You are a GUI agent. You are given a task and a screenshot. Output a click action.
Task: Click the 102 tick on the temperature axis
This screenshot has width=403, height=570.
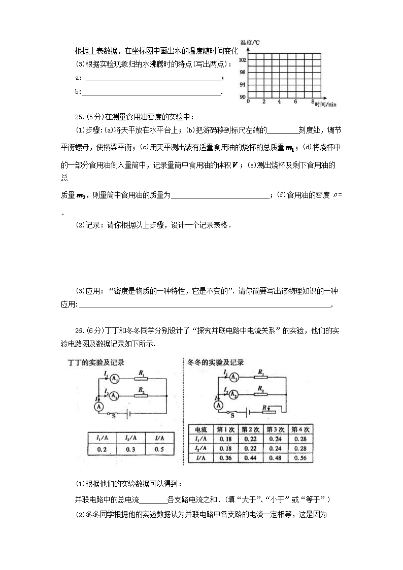243,60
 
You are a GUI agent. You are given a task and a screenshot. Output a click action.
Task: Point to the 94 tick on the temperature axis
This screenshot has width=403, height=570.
243,84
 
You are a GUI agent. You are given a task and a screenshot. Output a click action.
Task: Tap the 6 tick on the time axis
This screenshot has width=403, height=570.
295,102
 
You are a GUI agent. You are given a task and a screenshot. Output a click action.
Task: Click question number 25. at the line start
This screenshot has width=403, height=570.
80,117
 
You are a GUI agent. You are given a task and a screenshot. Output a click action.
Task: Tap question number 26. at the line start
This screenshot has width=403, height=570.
80,330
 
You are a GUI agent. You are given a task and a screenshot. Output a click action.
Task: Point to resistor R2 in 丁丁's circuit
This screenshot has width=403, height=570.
140,395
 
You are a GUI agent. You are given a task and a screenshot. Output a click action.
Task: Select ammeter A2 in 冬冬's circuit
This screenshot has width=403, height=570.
234,394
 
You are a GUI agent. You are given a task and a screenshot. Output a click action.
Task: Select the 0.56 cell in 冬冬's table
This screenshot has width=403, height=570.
300,457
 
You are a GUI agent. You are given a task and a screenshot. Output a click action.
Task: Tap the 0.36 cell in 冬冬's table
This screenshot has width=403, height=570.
225,457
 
